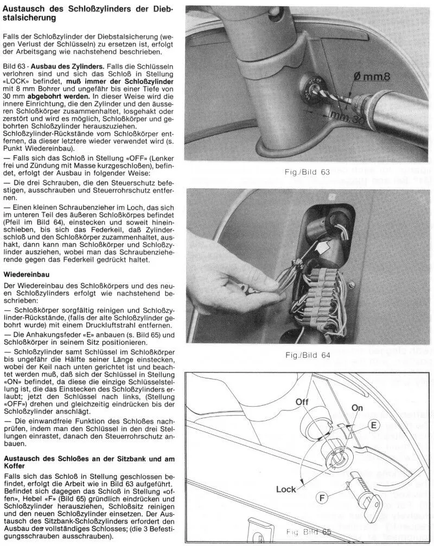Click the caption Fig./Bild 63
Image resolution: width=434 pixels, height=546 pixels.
(307, 172)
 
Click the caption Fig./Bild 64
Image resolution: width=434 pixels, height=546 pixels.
(307, 356)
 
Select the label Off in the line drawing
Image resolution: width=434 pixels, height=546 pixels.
(302, 402)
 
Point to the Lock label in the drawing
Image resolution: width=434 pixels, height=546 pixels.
(286, 489)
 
